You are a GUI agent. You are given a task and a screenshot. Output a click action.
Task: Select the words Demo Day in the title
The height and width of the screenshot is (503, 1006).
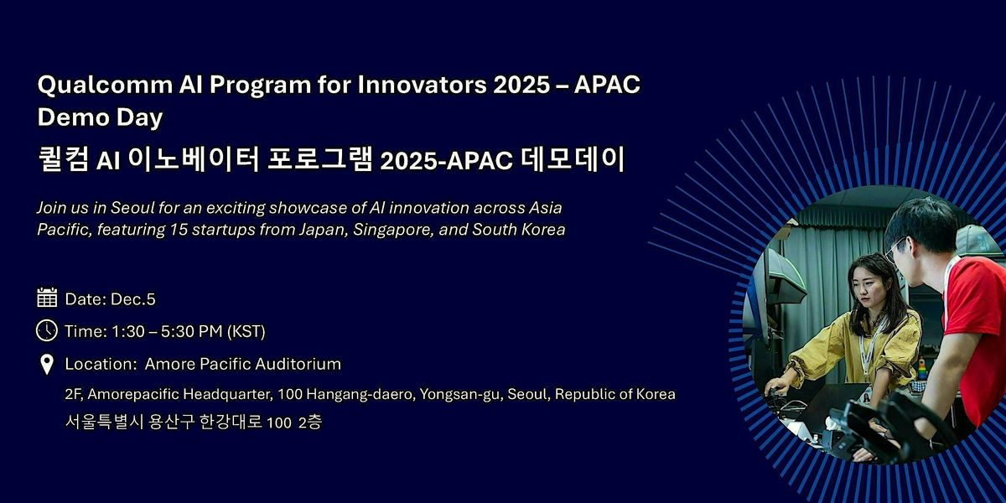100,118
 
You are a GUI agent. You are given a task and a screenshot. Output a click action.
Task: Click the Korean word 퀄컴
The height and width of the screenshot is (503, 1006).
64,159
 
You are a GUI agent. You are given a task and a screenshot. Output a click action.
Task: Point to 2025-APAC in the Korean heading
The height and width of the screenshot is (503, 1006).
445,160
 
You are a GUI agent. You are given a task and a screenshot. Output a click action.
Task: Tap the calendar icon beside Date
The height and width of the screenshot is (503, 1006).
47,298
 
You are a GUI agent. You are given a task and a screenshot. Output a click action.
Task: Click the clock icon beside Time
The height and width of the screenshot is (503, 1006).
47,330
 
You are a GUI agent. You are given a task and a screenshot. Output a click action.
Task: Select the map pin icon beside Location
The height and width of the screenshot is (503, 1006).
47,364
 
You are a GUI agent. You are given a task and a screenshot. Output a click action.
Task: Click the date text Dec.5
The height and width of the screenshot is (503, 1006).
133,298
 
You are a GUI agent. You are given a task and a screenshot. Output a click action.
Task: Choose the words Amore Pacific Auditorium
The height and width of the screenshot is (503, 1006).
243,364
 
